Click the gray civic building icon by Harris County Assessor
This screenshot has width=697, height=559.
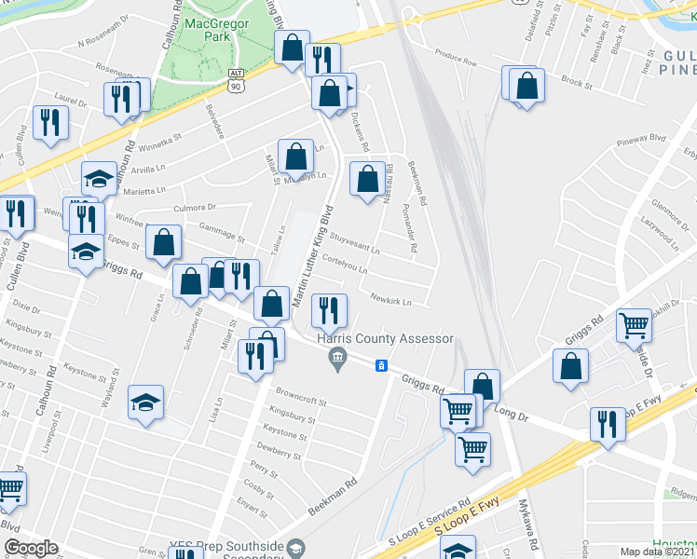coord(338,358)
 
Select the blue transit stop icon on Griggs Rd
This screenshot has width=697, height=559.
coord(381,365)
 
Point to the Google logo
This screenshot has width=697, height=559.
coord(31,548)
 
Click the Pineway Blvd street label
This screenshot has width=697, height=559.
coord(640,141)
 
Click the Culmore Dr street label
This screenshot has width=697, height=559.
coord(194,207)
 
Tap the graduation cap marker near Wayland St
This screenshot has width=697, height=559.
coord(146,403)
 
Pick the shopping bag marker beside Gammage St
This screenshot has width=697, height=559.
coord(164,243)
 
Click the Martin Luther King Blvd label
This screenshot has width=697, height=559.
coord(313,255)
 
